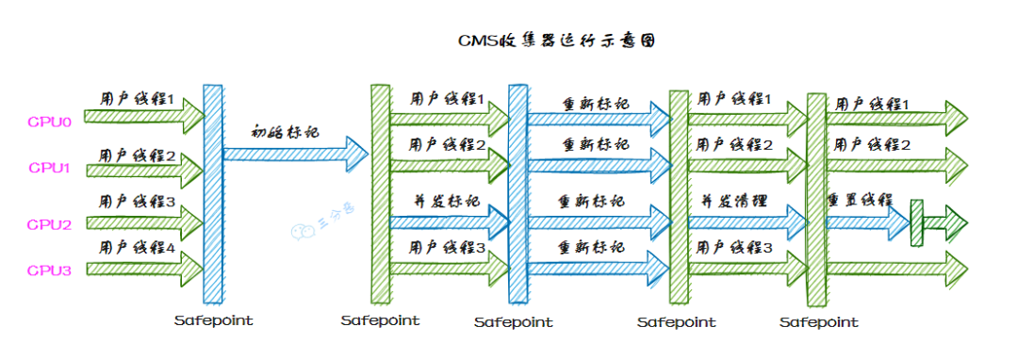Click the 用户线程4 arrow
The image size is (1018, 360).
(x=142, y=268)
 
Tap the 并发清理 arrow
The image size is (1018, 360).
(x=745, y=221)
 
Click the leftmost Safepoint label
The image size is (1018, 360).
(x=214, y=320)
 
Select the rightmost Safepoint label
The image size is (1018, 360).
(x=819, y=322)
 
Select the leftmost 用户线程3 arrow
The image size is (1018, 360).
(x=142, y=222)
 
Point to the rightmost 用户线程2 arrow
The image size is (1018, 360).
(x=895, y=165)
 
